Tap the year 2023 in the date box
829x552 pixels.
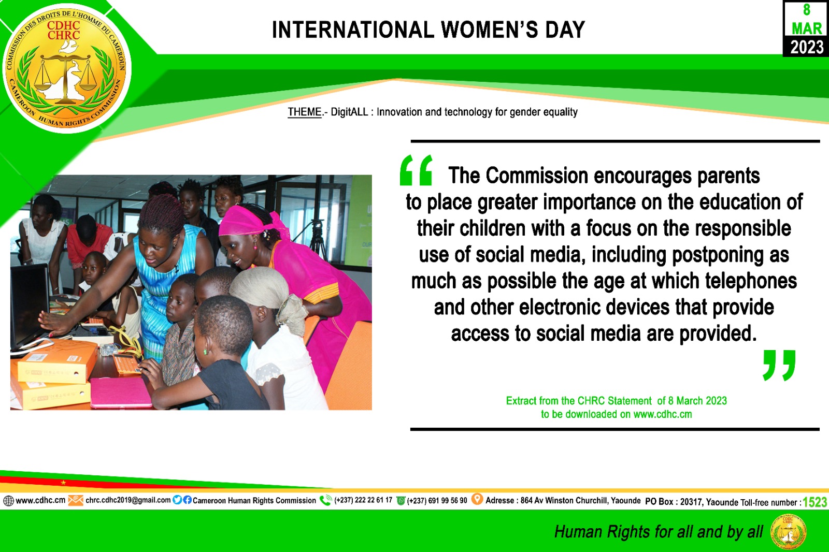tap(807, 47)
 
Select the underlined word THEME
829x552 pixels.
tap(305, 112)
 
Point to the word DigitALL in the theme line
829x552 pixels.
tap(349, 112)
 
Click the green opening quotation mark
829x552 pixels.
tap(416, 170)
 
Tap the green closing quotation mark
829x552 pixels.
tap(779, 365)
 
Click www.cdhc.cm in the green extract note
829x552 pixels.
tap(663, 414)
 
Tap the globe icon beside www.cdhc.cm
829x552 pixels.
tap(8, 501)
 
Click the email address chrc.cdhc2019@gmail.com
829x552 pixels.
tap(128, 500)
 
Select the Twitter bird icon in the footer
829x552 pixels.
tap(177, 500)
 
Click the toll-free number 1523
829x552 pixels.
tap(814, 502)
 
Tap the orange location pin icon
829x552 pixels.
tap(477, 499)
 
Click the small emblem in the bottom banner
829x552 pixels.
tap(788, 532)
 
